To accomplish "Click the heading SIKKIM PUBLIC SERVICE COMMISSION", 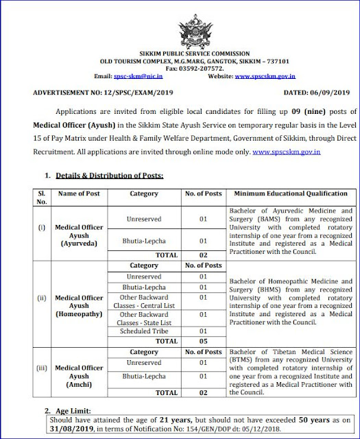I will [180, 53].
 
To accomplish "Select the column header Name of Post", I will [79, 175].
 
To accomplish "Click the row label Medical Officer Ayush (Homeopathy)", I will [79, 298].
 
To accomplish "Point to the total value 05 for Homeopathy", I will [202, 340].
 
